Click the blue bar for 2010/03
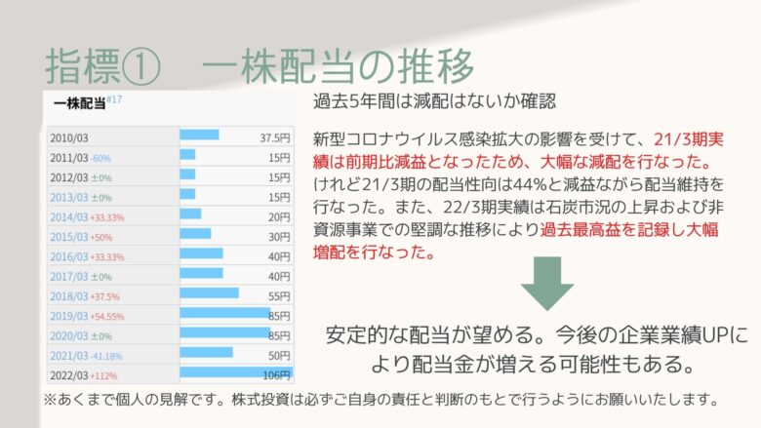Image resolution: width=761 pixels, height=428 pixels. (199, 135)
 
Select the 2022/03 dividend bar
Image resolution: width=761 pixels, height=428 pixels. (236, 372)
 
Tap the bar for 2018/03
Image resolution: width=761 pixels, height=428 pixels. (209, 293)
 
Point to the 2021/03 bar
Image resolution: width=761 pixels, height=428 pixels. (206, 352)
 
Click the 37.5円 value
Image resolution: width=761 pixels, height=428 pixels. (275, 138)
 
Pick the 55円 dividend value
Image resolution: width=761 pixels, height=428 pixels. (279, 296)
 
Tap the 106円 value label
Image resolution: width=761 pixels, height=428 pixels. (277, 375)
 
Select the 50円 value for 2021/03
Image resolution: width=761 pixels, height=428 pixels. (279, 356)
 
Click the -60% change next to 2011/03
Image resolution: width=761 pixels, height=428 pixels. (100, 159)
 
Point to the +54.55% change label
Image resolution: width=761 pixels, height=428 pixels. (107, 317)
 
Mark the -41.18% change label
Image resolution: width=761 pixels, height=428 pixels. (106, 356)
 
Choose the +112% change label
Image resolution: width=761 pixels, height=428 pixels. (103, 376)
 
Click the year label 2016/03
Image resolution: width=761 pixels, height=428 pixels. (69, 256)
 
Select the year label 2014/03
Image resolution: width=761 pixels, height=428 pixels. (69, 217)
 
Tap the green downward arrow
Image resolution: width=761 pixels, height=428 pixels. (547, 284)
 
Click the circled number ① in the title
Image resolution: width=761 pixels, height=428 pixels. (141, 66)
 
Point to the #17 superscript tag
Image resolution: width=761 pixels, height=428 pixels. (114, 99)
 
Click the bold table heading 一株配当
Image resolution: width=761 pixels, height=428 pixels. (79, 103)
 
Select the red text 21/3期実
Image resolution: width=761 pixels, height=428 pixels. (689, 139)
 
